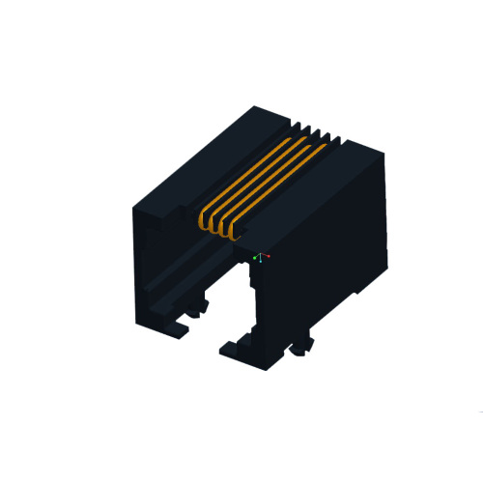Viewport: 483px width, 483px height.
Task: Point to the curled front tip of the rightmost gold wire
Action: (x=238, y=231)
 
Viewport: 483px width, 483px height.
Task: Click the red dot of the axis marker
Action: (x=268, y=257)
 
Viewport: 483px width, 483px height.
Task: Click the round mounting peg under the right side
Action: (x=307, y=342)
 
